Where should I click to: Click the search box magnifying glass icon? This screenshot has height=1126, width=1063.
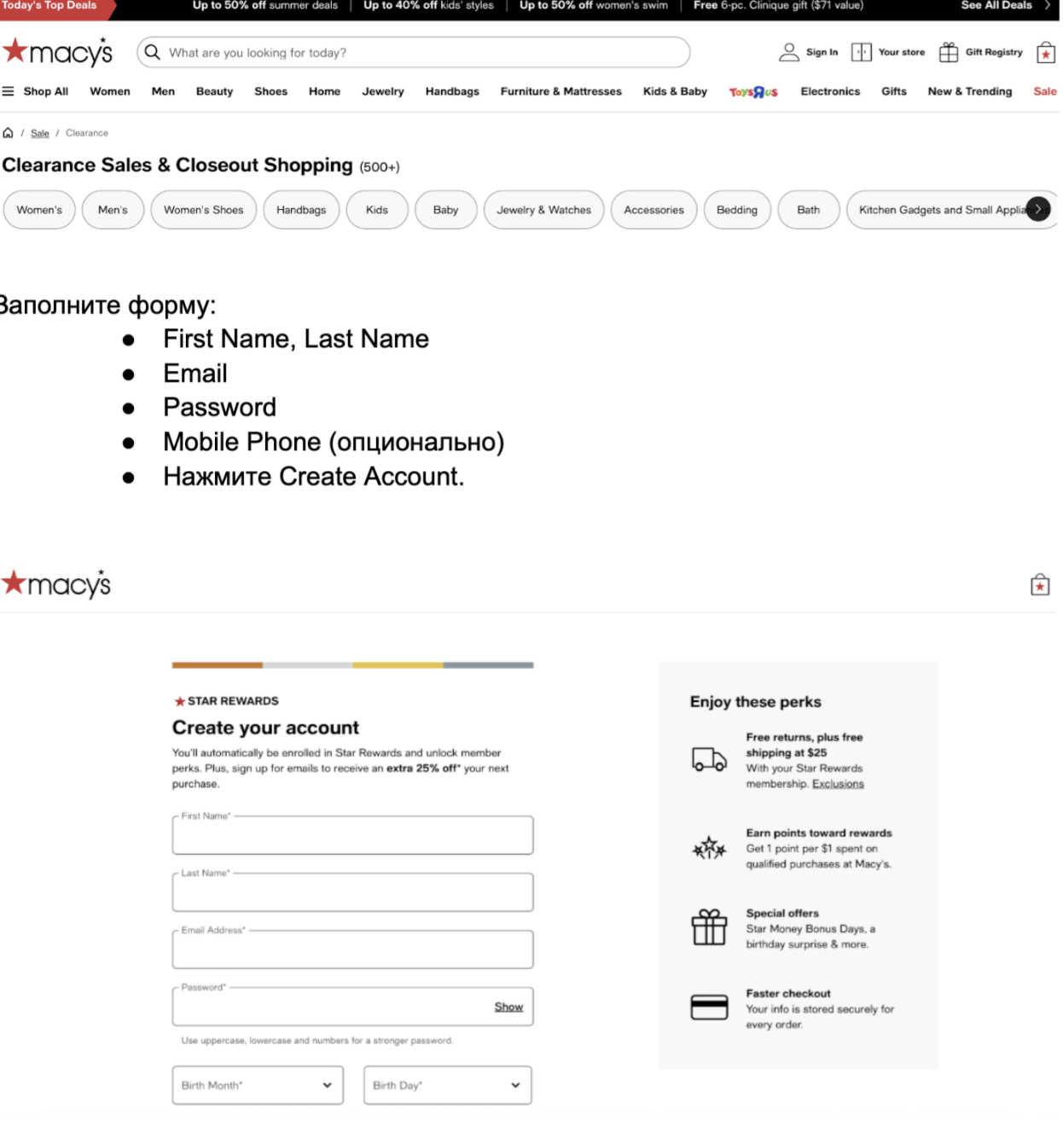[153, 52]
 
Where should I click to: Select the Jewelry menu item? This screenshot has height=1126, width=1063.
[383, 91]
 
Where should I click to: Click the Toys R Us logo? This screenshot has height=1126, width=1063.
[753, 91]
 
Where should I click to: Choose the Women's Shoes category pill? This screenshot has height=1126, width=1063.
[203, 210]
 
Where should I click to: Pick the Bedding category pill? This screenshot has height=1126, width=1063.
[736, 210]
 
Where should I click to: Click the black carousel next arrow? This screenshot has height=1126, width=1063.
[1038, 209]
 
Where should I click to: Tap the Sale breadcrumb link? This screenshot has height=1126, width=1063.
[40, 133]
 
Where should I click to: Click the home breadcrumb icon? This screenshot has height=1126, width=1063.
[9, 133]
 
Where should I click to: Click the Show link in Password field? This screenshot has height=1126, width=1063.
[508, 1007]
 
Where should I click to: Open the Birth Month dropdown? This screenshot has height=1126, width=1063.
[258, 1085]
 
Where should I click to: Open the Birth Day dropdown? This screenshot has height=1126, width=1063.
[447, 1085]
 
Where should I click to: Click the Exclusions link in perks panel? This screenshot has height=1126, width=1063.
[838, 784]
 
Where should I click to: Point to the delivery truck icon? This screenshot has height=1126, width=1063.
[709, 758]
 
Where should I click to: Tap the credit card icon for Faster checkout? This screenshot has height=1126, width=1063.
[709, 1007]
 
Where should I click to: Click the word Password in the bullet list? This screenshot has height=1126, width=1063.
[219, 408]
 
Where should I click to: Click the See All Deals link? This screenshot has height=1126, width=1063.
[996, 6]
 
